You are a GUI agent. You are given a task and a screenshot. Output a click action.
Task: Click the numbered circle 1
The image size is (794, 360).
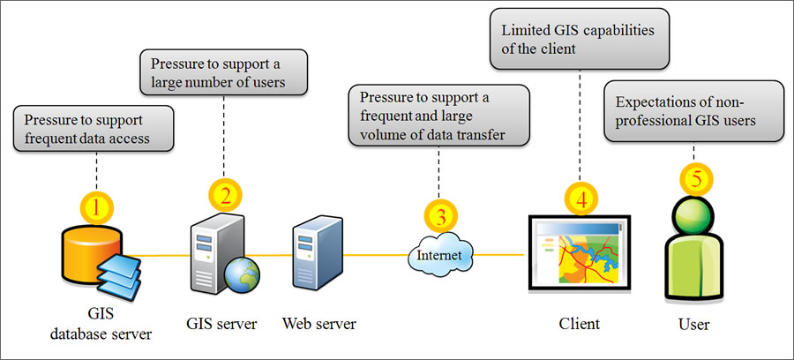[x=99, y=208]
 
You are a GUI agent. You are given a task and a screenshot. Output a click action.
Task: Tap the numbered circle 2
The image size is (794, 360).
[x=225, y=194]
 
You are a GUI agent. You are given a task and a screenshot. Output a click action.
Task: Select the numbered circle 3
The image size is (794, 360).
[x=441, y=215]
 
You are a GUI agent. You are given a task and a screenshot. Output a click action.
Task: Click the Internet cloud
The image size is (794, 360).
[x=439, y=256]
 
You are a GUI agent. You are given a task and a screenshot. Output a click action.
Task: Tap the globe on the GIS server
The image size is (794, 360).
[x=240, y=274]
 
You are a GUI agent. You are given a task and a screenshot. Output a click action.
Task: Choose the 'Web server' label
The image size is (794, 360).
[x=319, y=324]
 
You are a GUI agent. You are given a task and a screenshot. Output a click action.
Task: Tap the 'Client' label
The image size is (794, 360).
[x=579, y=324]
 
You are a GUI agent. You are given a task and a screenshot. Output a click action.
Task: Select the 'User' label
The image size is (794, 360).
[x=693, y=325]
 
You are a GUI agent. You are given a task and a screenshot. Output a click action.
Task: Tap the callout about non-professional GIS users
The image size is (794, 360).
[x=693, y=111]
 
